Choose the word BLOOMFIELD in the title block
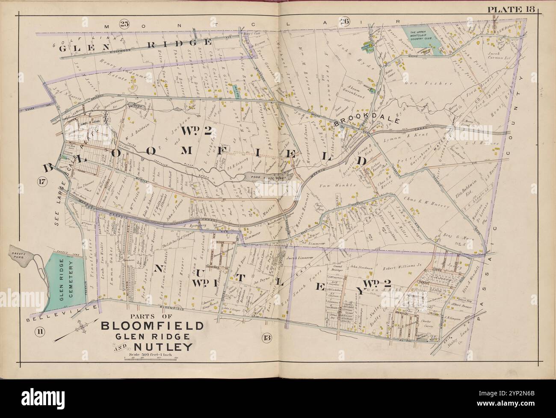pyautogui.click(x=152, y=326)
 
